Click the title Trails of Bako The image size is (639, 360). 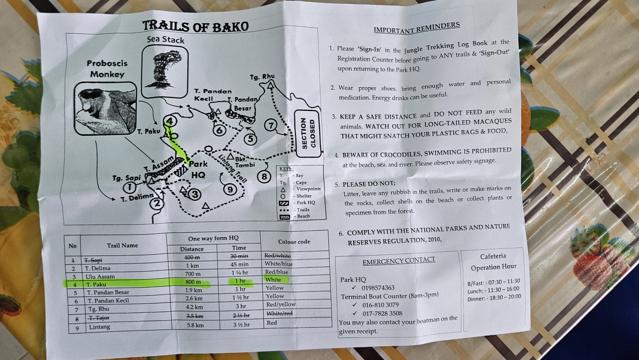(x=196, y=26)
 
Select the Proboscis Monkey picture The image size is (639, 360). (x=105, y=108)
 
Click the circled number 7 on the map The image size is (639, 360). (x=270, y=125)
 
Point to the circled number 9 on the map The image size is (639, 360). (x=230, y=189)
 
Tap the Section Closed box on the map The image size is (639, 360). (x=308, y=133)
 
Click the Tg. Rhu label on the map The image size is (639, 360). (x=262, y=77)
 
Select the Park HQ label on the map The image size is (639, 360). (x=198, y=169)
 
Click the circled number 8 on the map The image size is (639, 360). (x=264, y=177)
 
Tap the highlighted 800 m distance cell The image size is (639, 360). (x=193, y=282)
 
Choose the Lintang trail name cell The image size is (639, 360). (x=99, y=327)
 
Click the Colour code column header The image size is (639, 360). (x=294, y=241)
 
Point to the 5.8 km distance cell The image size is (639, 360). (x=195, y=325)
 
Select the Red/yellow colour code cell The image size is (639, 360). (x=281, y=305)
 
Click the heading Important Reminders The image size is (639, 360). (x=417, y=28)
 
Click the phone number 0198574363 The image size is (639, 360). (x=378, y=288)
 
